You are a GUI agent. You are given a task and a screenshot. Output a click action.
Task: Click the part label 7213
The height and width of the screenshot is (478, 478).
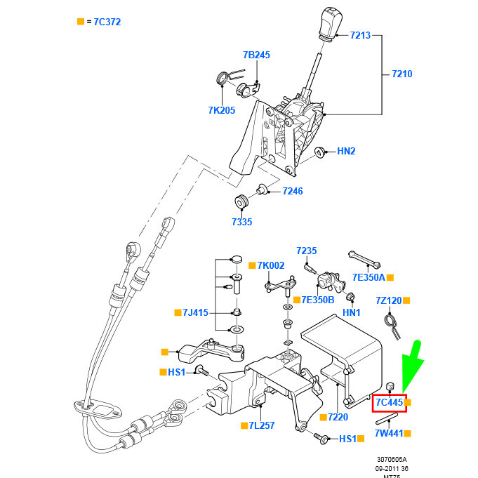coord(359,35)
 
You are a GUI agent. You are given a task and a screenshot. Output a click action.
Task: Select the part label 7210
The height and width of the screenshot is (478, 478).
coord(402,74)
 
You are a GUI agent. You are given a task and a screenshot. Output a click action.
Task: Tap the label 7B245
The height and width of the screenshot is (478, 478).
coord(256,55)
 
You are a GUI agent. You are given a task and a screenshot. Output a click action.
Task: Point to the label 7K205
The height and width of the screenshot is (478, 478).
coord(221,110)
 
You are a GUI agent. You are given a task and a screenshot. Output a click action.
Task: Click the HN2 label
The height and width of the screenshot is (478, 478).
coord(347,151)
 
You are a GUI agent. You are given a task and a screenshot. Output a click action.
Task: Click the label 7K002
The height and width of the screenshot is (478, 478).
coord(271,265)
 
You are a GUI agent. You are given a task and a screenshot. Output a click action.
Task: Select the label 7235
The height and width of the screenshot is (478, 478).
coord(307,251)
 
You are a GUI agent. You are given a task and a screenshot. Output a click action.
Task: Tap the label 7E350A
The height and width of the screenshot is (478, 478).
coord(369,278)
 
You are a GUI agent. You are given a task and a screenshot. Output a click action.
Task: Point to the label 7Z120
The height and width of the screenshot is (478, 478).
coord(388,300)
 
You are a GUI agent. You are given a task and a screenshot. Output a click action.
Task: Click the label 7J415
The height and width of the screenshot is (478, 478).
coord(196,312)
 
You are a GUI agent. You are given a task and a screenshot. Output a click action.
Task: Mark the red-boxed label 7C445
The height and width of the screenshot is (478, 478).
coord(389,403)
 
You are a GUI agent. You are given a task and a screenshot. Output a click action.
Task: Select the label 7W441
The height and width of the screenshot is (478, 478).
coord(388,433)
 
